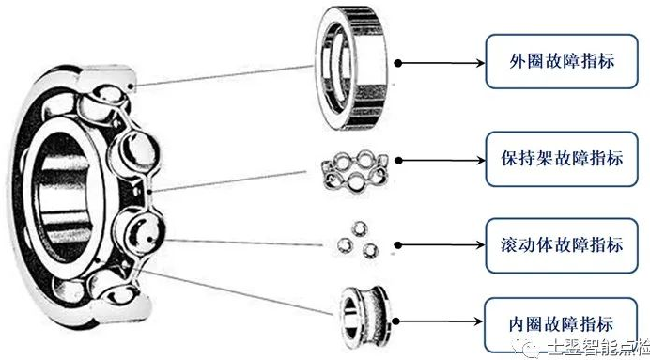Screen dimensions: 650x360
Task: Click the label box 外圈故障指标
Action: pos(562,61)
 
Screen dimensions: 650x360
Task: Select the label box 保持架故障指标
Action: pos(562,159)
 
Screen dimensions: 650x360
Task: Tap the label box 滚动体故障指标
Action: pos(562,245)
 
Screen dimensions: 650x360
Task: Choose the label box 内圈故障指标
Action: pos(561,324)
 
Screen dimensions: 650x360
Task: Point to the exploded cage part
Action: pos(355,172)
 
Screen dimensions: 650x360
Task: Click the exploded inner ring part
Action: pos(364,317)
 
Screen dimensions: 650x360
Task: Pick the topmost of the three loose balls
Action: pos(359,228)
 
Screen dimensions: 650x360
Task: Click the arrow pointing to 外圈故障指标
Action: pos(441,63)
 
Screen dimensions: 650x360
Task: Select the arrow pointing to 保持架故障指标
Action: pos(441,161)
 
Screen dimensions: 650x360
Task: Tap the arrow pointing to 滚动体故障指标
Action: pos(441,245)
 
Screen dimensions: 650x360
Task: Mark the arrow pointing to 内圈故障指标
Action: pos(439,321)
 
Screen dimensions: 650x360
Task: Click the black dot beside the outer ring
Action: pos(398,63)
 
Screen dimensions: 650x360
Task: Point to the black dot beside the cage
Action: pos(398,161)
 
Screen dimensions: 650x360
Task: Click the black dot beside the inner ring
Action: pos(395,321)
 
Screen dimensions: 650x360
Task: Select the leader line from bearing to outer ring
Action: pos(223,76)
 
